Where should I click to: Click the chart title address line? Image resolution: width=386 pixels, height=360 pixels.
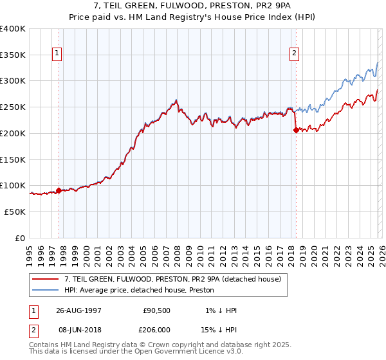pos(192,6)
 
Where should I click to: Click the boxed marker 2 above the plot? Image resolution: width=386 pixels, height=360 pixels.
pos(294,54)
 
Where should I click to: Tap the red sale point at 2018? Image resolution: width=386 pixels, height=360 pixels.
pos(296,130)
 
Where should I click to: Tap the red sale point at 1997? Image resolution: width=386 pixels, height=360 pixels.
pos(59,190)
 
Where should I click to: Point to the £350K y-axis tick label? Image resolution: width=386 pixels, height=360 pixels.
pos(13,55)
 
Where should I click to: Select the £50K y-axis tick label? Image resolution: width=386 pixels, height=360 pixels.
pos(15,212)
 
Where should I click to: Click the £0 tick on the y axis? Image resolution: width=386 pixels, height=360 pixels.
pos(21,238)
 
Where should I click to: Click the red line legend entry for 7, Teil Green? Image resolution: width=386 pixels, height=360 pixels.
pos(172,280)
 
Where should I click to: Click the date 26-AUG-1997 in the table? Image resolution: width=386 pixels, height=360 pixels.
pos(78,310)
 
